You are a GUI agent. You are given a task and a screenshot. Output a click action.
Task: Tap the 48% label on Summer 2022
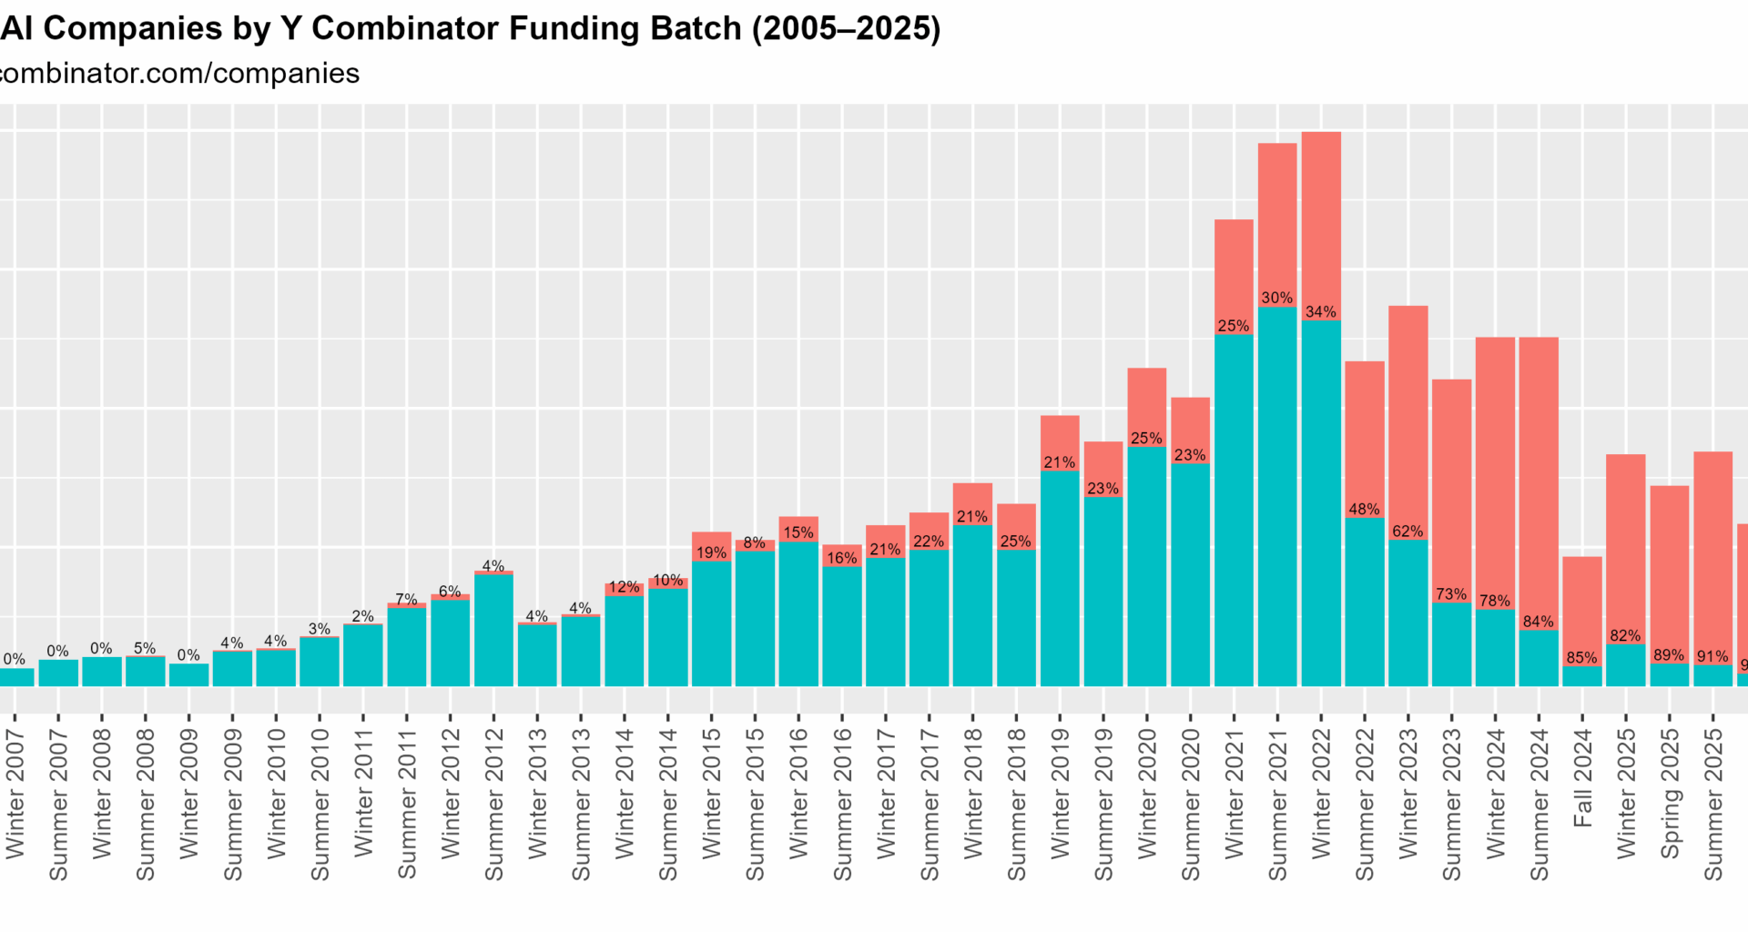[x=1364, y=509]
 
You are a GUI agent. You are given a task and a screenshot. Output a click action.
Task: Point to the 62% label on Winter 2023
[x=1408, y=531]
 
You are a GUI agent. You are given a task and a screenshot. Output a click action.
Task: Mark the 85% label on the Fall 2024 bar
[x=1582, y=657]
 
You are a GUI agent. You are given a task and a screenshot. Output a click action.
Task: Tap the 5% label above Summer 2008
[x=145, y=648]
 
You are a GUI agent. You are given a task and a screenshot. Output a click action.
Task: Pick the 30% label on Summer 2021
[x=1277, y=298]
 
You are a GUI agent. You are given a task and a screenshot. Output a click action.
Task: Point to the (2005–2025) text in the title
[x=846, y=28]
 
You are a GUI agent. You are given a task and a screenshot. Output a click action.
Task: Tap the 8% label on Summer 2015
[x=754, y=542]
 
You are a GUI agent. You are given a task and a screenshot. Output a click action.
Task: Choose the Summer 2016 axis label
[x=842, y=805]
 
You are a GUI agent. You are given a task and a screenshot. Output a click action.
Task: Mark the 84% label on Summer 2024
[x=1539, y=622]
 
